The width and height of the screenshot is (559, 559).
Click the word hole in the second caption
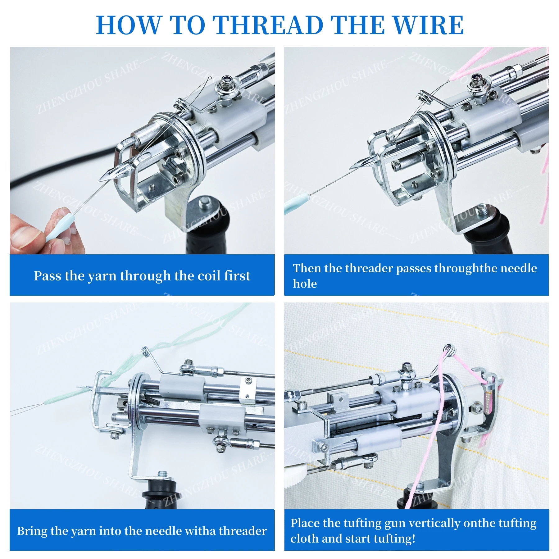305,284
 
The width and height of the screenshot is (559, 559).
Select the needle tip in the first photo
100,181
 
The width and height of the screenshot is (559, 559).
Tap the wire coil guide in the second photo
425,96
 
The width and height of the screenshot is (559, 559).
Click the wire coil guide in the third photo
145,352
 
